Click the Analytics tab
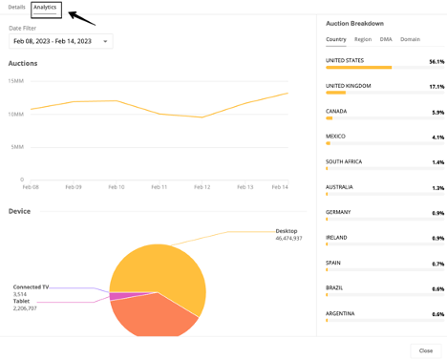pyautogui.click(x=45, y=8)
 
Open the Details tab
pyautogui.click(x=16, y=7)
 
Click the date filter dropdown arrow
pyautogui.click(x=105, y=41)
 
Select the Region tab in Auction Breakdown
pyautogui.click(x=363, y=39)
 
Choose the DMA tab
pyautogui.click(x=386, y=39)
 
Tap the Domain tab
pyautogui.click(x=410, y=39)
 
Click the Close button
pyautogui.click(x=426, y=350)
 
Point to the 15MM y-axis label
pyautogui.click(x=16, y=81)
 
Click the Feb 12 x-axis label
pyautogui.click(x=202, y=187)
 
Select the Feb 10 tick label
pyautogui.click(x=117, y=187)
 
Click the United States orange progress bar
pyautogui.click(x=358, y=68)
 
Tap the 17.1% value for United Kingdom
pyautogui.click(x=436, y=87)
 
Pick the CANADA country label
pyautogui.click(x=336, y=111)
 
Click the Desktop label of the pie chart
pyautogui.click(x=287, y=231)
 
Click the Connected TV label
pyautogui.click(x=31, y=287)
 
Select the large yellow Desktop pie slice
pyautogui.click(x=165, y=269)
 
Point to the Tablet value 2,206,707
pyautogui.click(x=25, y=308)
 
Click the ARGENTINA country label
pyautogui.click(x=340, y=313)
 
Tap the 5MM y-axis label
pyautogui.click(x=17, y=147)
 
